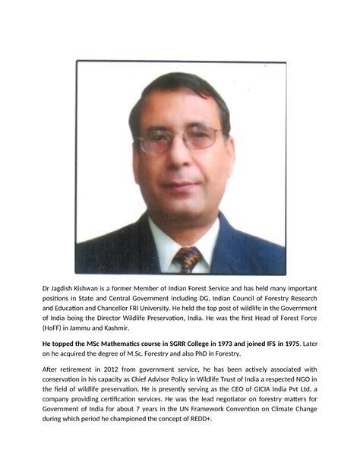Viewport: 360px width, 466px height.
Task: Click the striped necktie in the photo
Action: pos(188,258)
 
